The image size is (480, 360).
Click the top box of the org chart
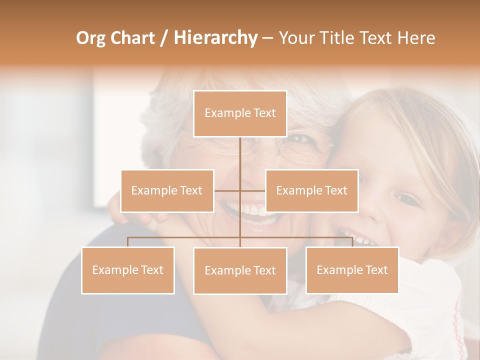point(240,113)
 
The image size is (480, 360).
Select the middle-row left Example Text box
point(167,190)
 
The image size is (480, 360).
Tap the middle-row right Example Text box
point(311,190)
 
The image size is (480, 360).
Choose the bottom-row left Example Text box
point(128,270)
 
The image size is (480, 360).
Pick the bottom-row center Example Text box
point(240,270)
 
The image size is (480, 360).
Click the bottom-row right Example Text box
point(352,270)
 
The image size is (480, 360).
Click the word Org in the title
point(90,38)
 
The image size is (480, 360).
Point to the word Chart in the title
point(130,38)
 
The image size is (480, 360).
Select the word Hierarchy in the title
point(215,38)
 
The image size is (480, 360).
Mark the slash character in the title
point(164,38)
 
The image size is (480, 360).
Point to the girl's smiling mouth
point(357,239)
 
